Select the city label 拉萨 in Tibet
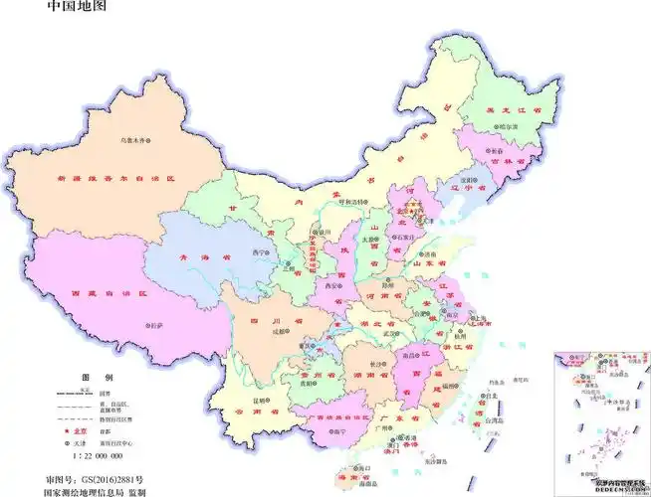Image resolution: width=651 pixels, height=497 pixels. (x=156, y=325)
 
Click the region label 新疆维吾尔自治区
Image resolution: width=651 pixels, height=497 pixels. (x=116, y=178)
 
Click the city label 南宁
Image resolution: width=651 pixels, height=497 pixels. (x=340, y=431)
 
